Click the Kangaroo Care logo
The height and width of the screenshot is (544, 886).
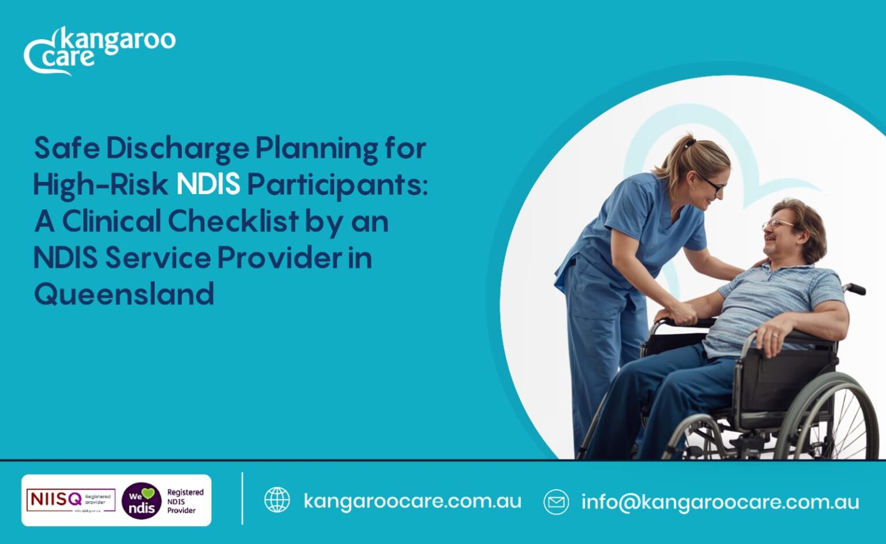tap(99, 50)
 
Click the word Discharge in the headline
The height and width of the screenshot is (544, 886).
tap(178, 148)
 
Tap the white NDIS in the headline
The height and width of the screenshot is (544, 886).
tap(208, 185)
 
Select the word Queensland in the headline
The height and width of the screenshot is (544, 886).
tap(124, 294)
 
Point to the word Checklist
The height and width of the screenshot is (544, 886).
tap(233, 221)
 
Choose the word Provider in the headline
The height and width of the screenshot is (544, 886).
tap(279, 258)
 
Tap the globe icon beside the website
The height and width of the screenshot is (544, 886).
tap(277, 500)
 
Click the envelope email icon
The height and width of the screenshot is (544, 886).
tap(556, 502)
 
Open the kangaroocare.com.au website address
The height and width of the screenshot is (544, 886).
tap(412, 501)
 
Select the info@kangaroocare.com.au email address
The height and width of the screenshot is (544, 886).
tap(720, 502)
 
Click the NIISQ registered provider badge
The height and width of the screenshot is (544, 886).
tap(70, 500)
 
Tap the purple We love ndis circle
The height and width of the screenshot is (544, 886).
tap(141, 501)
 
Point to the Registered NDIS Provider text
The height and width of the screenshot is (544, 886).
tap(185, 501)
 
